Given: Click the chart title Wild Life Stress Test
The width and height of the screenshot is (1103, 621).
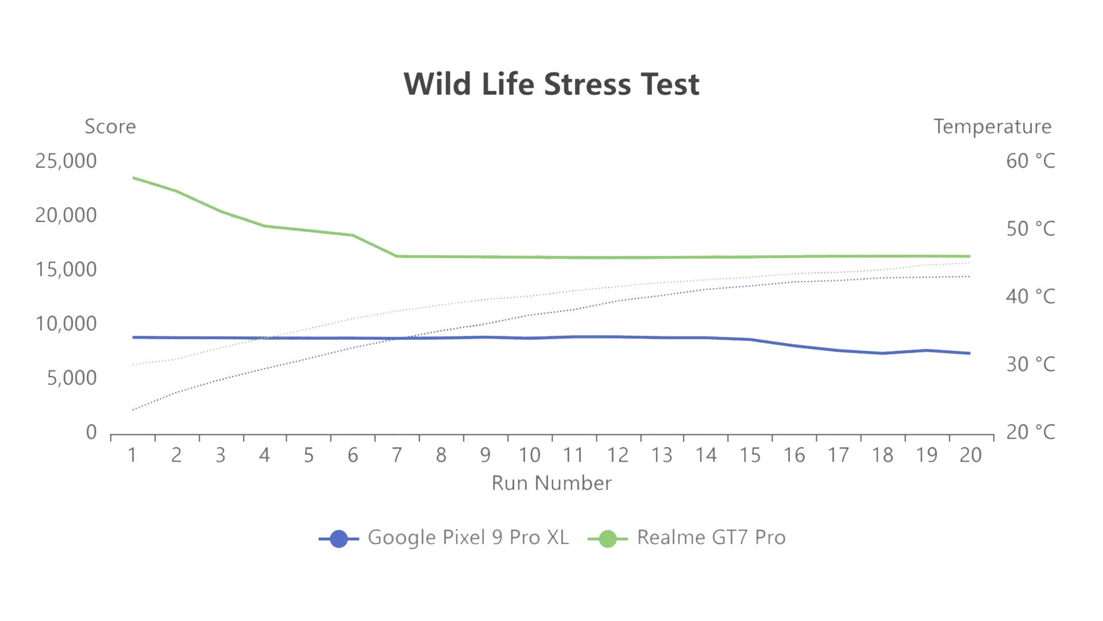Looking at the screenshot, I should pos(551,85).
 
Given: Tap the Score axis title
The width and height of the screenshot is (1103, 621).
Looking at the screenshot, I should pos(110,126).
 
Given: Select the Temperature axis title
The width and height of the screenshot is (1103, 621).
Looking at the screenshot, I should pos(992,126).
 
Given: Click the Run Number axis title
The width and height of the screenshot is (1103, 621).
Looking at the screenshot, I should pos(551,483).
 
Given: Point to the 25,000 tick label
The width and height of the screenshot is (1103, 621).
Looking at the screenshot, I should pos(66,161).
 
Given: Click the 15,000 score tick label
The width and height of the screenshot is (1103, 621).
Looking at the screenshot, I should pos(66,270).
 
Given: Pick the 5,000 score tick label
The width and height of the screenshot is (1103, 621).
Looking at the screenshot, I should pos(72,378).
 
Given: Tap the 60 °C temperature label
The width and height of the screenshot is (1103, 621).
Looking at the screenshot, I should pos(1030,161).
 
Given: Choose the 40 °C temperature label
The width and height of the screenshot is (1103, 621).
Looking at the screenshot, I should pos(1030,297).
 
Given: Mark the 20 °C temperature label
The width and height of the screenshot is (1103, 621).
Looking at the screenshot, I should pos(1030,432).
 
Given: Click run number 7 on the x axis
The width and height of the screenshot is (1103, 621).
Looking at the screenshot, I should pos(397,455).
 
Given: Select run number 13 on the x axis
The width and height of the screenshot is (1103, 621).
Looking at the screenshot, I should pos(662,455).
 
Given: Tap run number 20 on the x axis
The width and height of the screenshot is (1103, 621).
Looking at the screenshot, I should pos(970,455).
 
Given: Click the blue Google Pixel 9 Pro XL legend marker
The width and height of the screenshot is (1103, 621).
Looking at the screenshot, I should pos(339,539).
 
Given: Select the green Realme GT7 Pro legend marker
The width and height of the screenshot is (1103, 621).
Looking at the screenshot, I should pos(608,539).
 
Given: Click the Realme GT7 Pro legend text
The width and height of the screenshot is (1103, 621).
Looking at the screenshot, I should pos(711,538).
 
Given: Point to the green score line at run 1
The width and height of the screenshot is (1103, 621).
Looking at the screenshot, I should pos(133,178).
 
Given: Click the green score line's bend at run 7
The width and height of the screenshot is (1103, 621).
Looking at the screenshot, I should pos(397,256).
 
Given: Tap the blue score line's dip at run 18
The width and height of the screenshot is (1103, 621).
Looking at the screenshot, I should pos(882,353).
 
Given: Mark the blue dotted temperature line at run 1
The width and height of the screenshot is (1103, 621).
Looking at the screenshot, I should pos(133,409).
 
